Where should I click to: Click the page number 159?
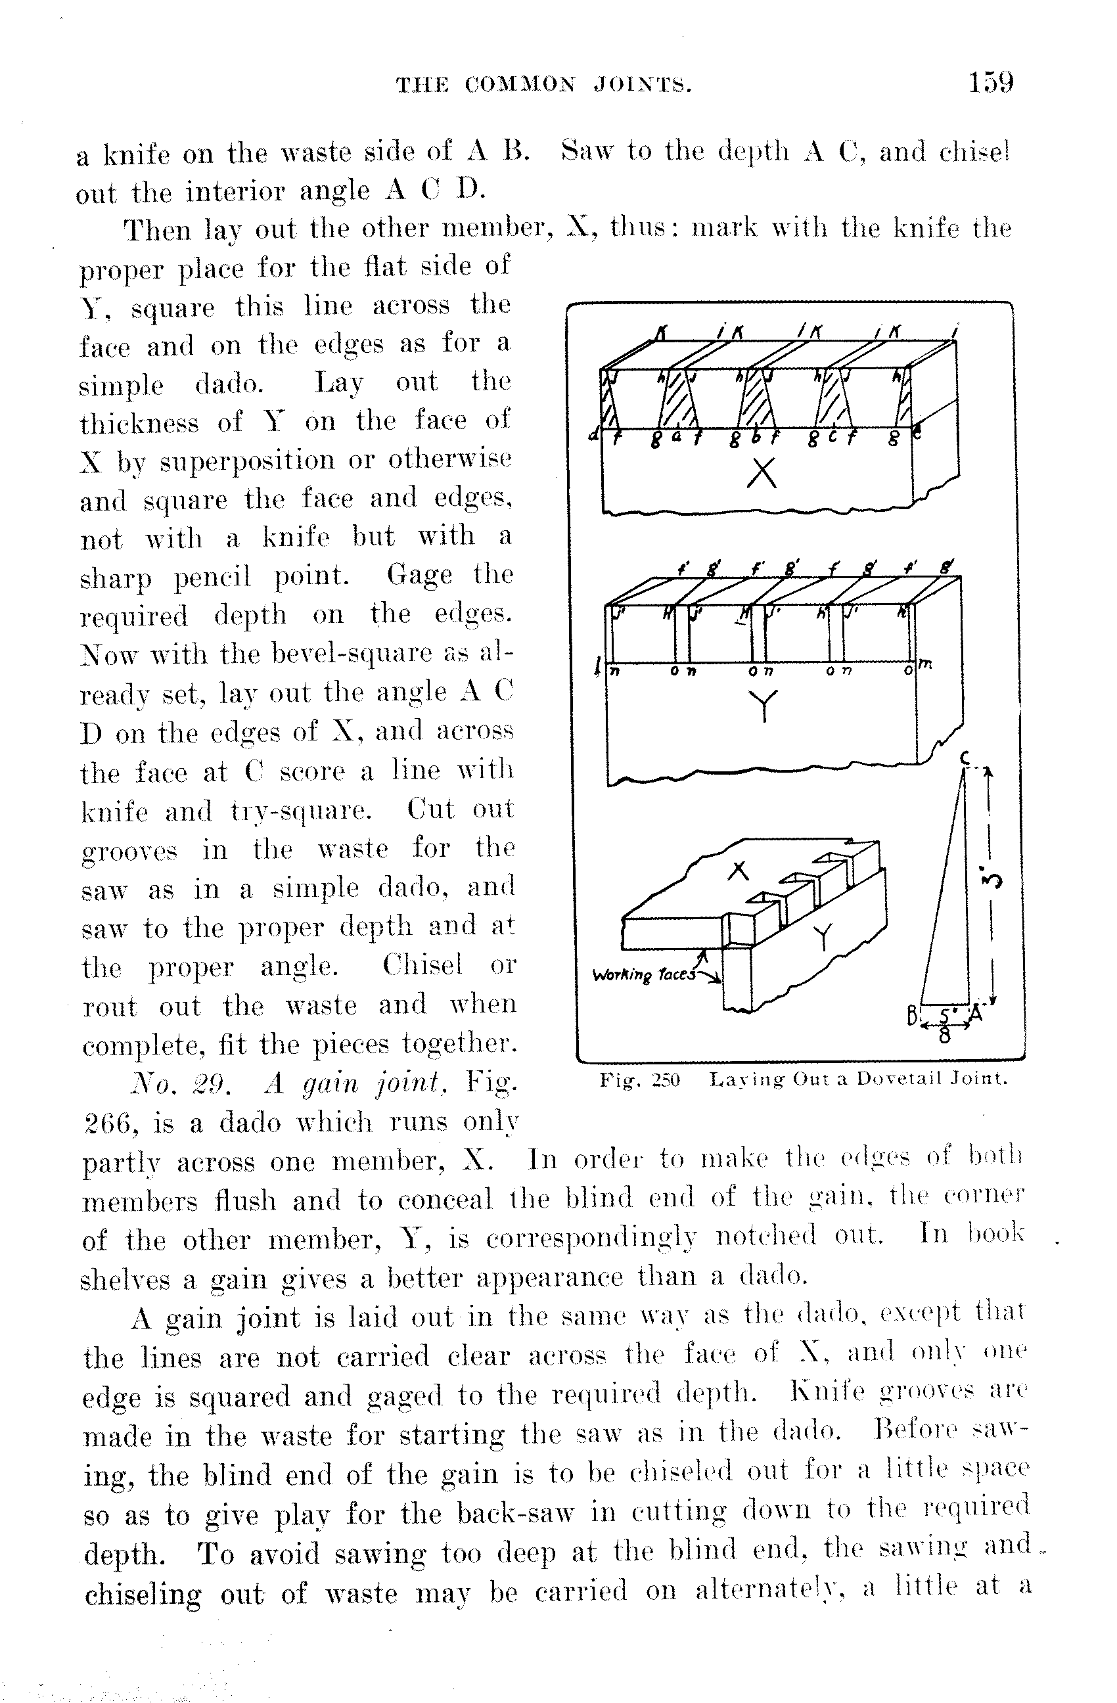[990, 82]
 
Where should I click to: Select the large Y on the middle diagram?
[764, 705]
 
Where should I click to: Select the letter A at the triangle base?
[975, 1014]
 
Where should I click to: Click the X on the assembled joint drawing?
[739, 871]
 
